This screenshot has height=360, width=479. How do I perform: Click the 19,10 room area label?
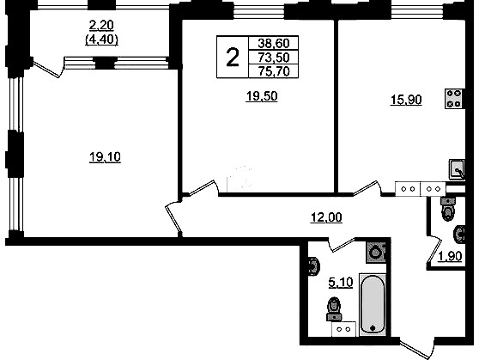tap(105, 157)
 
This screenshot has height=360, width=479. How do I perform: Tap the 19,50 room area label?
tap(262, 96)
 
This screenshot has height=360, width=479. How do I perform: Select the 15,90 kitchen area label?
tap(406, 100)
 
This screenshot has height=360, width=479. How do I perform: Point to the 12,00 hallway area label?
tap(326, 217)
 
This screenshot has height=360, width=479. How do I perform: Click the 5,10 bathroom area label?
tap(341, 283)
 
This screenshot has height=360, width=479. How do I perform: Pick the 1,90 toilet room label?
tap(451, 257)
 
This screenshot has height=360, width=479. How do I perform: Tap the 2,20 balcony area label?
tap(101, 26)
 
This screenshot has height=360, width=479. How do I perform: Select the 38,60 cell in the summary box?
tap(274, 43)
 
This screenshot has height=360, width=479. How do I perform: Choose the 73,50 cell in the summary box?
tap(274, 58)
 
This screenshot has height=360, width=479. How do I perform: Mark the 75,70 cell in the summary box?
tap(274, 71)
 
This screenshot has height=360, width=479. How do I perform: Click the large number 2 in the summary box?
tap(233, 58)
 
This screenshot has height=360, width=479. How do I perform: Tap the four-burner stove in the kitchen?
tap(453, 99)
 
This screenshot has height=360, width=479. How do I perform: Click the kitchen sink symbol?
tap(457, 169)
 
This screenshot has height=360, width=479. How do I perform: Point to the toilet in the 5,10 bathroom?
tap(334, 309)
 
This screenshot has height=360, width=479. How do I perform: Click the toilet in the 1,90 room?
tap(448, 209)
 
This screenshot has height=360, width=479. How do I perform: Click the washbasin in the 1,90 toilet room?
tap(460, 235)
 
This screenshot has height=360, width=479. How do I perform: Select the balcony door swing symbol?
tap(48, 69)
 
